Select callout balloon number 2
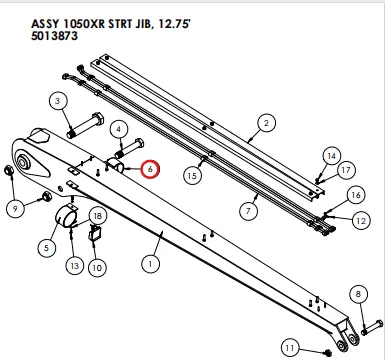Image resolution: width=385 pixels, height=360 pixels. (x=267, y=123)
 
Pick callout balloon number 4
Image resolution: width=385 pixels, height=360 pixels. (x=119, y=129)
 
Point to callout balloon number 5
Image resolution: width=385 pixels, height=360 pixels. (x=47, y=246)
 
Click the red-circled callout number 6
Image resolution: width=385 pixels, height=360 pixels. (x=150, y=170)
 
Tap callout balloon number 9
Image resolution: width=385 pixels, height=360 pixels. (x=15, y=208)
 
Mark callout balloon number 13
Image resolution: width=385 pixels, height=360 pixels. (x=74, y=265)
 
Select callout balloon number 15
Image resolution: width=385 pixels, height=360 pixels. (x=193, y=175)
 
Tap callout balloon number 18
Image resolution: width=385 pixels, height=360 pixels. (x=98, y=216)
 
